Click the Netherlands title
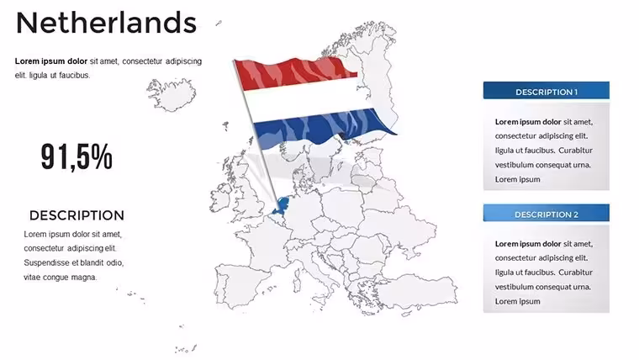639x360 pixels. pos(107,23)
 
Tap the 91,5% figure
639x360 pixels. pos(77,156)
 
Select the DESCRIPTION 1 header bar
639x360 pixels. pos(546,91)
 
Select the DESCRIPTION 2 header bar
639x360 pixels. pos(546,213)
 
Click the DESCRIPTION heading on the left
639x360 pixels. pos(77,215)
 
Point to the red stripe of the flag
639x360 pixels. pos(293,73)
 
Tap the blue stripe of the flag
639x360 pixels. pos(322,126)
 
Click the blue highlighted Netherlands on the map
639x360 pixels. pos(282,206)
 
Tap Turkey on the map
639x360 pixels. pos(420,290)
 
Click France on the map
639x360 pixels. pos(264,245)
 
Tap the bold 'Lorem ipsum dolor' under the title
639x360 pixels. pos(51,61)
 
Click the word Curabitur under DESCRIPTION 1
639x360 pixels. pos(575,151)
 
